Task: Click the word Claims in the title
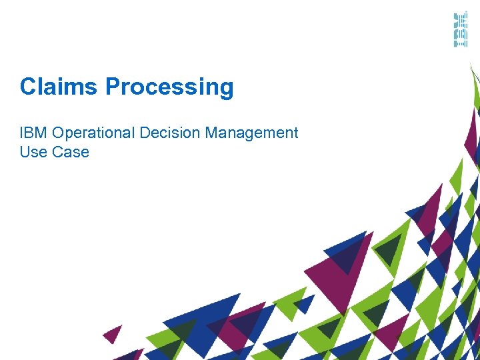(x=59, y=87)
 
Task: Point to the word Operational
(x=92, y=133)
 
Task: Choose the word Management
(x=251, y=133)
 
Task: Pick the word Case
(x=71, y=152)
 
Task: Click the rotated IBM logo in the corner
(x=461, y=29)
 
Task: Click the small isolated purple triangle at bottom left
(x=113, y=333)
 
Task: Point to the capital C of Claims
(x=27, y=87)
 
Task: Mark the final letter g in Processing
(x=226, y=89)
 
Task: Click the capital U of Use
(x=25, y=152)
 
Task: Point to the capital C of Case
(x=57, y=152)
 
